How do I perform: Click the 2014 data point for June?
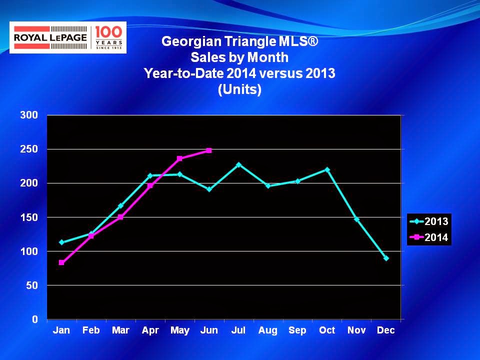pyautogui.click(x=209, y=150)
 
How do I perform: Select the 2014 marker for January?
pyautogui.click(x=61, y=262)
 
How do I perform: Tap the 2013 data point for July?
pyautogui.click(x=238, y=164)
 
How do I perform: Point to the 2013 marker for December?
pyautogui.click(x=386, y=258)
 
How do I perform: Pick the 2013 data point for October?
pyautogui.click(x=327, y=169)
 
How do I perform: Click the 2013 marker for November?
pyautogui.click(x=356, y=219)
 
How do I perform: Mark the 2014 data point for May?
pyautogui.click(x=179, y=158)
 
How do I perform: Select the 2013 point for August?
pyautogui.click(x=268, y=186)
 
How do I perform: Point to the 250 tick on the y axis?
pyautogui.click(x=29, y=149)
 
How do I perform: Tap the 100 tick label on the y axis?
pyautogui.click(x=29, y=251)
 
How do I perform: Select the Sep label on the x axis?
pyautogui.click(x=297, y=330)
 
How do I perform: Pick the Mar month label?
pyautogui.click(x=120, y=330)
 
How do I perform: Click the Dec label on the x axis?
pyautogui.click(x=386, y=330)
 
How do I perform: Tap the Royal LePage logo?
pyautogui.click(x=68, y=37)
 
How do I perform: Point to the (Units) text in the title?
pyautogui.click(x=239, y=90)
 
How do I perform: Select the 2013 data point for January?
pyautogui.click(x=61, y=242)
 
